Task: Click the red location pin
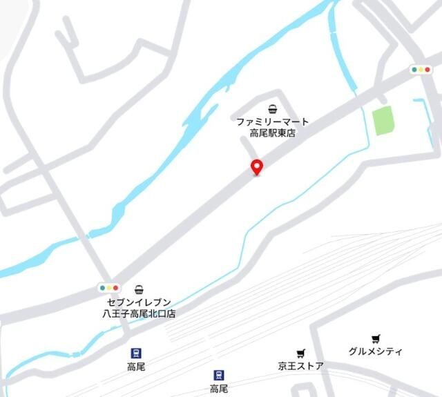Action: point(256,166)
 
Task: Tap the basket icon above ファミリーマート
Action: point(273,108)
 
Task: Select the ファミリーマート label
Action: point(273,122)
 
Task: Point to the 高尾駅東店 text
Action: point(273,133)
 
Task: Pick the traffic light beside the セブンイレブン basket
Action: point(109,288)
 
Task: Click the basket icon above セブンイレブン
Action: point(139,289)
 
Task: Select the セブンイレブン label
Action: point(139,302)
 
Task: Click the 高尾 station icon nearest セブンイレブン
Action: point(136,353)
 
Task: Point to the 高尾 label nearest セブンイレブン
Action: point(136,367)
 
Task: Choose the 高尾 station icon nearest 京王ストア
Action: point(219,376)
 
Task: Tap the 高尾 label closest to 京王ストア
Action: point(219,389)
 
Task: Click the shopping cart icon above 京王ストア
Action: point(300,354)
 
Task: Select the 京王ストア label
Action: point(300,366)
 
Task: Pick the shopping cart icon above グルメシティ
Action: point(375,338)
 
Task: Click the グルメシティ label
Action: point(375,351)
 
